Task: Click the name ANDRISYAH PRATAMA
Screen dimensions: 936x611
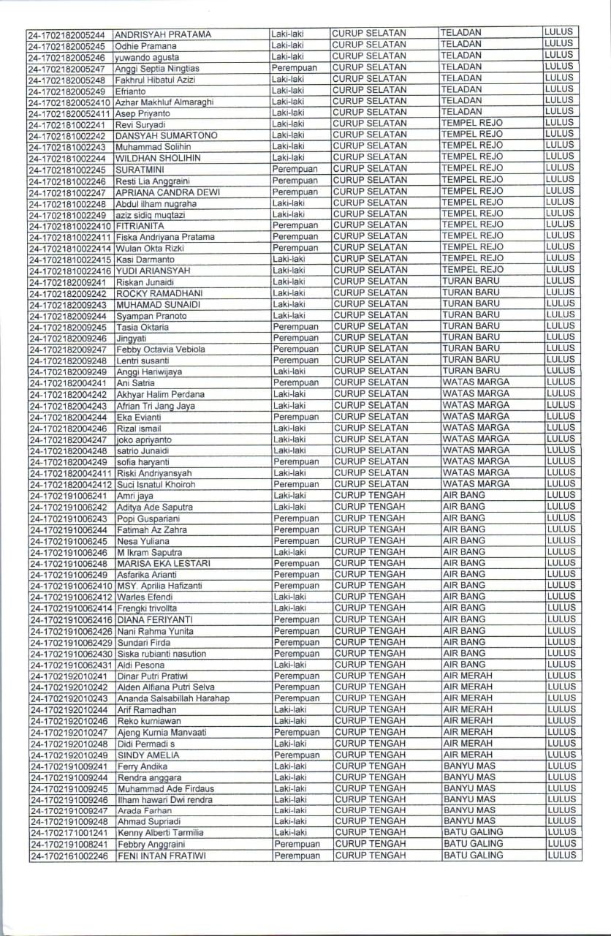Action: coord(162,34)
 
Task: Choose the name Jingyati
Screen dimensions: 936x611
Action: coord(132,339)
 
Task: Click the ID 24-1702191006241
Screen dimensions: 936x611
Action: coord(69,496)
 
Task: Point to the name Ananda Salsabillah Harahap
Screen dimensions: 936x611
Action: coord(173,698)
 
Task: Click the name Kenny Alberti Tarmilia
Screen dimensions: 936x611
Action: coord(160,833)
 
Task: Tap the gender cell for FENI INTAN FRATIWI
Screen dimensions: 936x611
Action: coord(297,856)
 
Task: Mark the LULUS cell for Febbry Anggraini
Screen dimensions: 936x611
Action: coord(561,843)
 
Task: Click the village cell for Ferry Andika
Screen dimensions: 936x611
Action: coord(469,766)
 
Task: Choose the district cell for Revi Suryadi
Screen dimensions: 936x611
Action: coord(369,124)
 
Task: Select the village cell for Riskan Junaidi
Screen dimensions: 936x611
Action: coord(471,282)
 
